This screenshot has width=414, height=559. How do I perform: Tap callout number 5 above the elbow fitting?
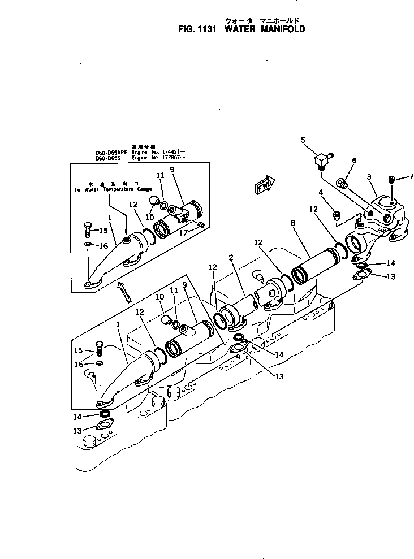303,140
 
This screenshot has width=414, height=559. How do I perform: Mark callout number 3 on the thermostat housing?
368,177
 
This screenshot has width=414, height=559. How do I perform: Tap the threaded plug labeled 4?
336,214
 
